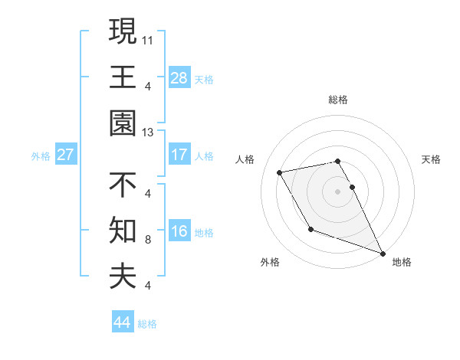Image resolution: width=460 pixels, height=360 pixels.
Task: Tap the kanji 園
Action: coord(123,123)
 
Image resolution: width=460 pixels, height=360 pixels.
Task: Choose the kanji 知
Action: coord(123,231)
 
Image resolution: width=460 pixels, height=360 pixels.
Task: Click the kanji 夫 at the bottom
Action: coord(123,277)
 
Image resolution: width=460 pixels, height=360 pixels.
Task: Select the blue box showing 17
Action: coord(179,155)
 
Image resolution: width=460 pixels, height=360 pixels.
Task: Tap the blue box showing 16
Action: coord(179,231)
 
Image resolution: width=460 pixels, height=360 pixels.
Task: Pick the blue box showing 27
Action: coord(65,155)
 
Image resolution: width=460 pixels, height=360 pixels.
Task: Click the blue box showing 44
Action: coord(123,322)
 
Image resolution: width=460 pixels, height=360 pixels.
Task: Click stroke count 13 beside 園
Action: coord(147,133)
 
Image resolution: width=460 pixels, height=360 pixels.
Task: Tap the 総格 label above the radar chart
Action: coord(337,100)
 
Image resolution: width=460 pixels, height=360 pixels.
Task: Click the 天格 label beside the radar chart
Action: coord(431,159)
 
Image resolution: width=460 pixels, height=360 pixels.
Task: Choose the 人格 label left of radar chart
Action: coord(245,159)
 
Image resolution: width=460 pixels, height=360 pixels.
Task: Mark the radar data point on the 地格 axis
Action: coord(383,253)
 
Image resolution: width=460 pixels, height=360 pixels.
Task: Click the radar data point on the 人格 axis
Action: coord(280,173)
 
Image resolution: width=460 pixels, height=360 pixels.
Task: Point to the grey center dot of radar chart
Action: coord(337,191)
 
